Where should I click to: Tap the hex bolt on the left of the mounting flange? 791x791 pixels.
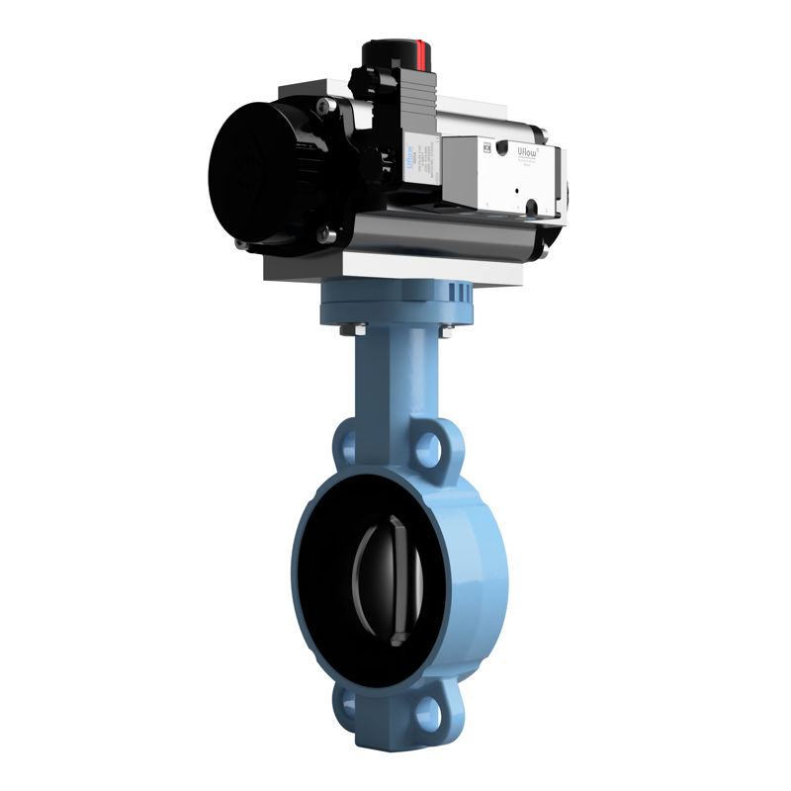(351, 329)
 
